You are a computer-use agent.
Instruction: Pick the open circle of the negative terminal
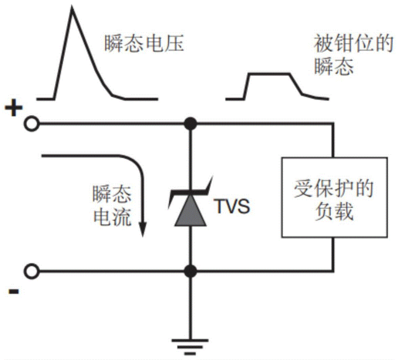pos(30,272)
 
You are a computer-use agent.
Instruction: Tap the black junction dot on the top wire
pos(191,125)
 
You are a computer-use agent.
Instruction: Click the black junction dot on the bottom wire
pos(191,272)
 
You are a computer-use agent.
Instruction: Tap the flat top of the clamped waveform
pos(269,74)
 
